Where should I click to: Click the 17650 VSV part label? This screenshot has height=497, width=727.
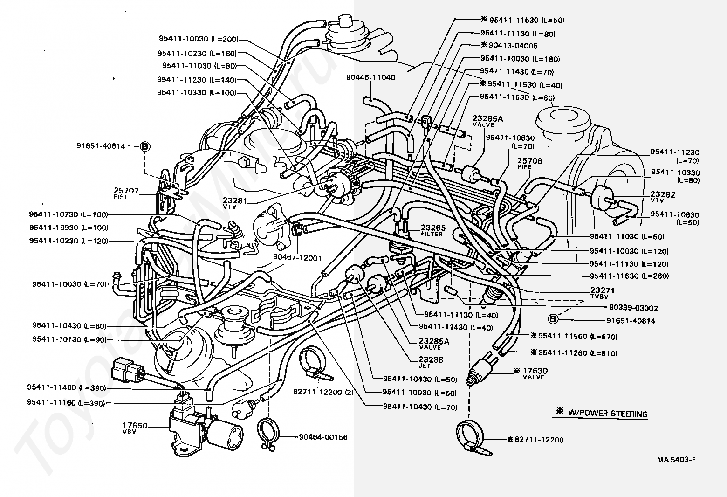click(x=135, y=428)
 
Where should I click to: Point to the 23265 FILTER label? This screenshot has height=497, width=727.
click(x=433, y=230)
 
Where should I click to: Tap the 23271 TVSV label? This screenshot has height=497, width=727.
click(x=602, y=292)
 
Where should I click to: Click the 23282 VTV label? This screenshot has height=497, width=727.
click(x=662, y=197)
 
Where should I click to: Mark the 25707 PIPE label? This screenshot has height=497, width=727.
click(x=126, y=193)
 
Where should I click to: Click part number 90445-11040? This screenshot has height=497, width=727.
click(x=370, y=77)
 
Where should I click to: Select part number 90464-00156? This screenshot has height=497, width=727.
click(x=323, y=437)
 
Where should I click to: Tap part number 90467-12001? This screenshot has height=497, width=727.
click(x=297, y=258)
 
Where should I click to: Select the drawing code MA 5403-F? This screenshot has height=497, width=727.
click(x=676, y=459)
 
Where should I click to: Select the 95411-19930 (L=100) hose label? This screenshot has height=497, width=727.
click(x=69, y=228)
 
